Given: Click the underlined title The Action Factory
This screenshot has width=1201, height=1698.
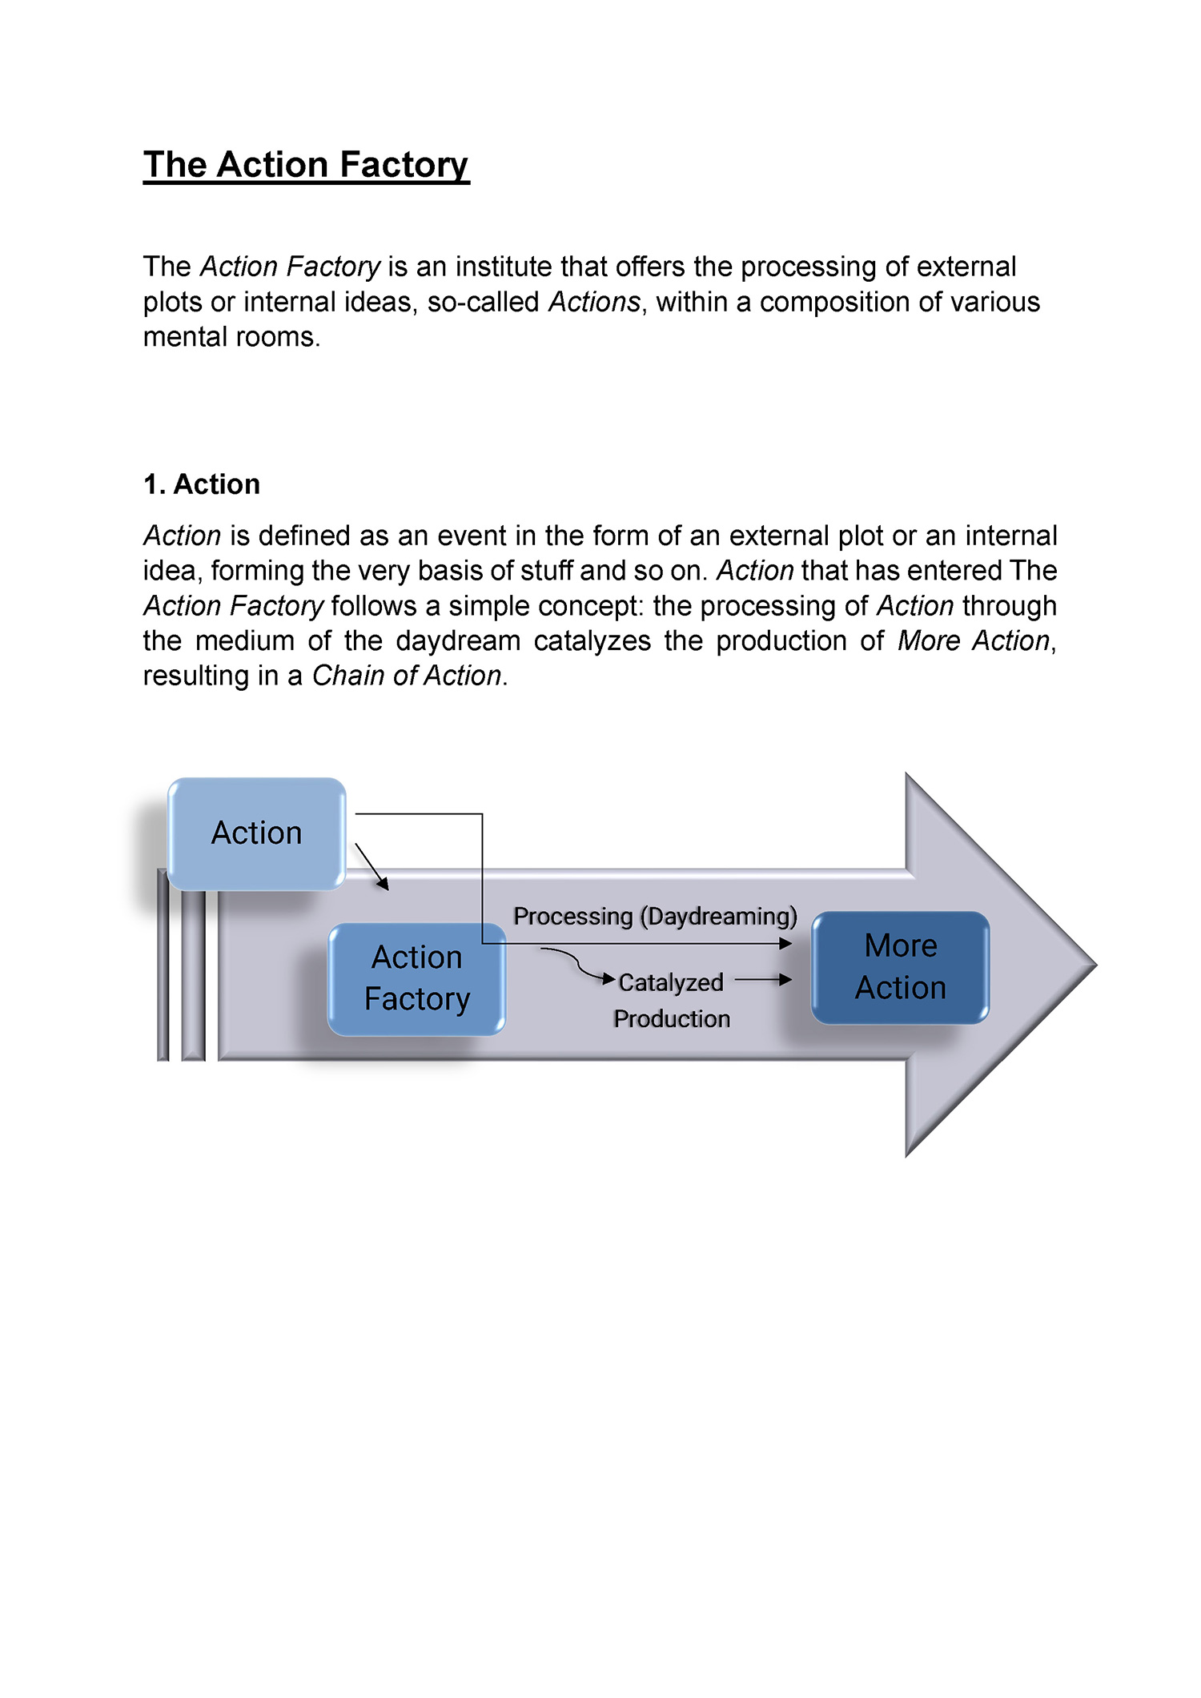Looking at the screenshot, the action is coord(306,165).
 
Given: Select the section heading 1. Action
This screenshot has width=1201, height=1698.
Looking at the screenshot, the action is coord(202,484).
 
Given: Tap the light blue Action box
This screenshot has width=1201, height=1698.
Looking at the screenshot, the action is coord(256,833).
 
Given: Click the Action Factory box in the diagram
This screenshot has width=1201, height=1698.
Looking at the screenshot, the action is coord(416,978).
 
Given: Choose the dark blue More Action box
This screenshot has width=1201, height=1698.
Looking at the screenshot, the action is coord(901,967).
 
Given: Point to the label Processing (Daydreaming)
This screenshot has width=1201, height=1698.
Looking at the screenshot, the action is coord(655,916).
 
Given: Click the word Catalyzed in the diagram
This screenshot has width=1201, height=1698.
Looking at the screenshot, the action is coord(671,983).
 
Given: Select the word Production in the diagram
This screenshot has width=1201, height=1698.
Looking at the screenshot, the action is coord(672,1018).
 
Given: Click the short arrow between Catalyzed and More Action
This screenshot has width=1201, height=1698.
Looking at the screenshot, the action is coord(763,979).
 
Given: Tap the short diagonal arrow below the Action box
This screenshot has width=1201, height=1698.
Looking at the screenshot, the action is coord(372,866).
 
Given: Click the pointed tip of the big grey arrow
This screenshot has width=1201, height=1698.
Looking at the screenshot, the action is coord(1095,965).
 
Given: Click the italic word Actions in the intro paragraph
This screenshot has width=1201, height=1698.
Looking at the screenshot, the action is coord(595,302).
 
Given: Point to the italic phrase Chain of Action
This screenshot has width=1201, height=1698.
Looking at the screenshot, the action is coord(407,676).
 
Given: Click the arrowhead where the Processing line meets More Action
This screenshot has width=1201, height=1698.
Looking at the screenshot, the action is coord(786,944).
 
